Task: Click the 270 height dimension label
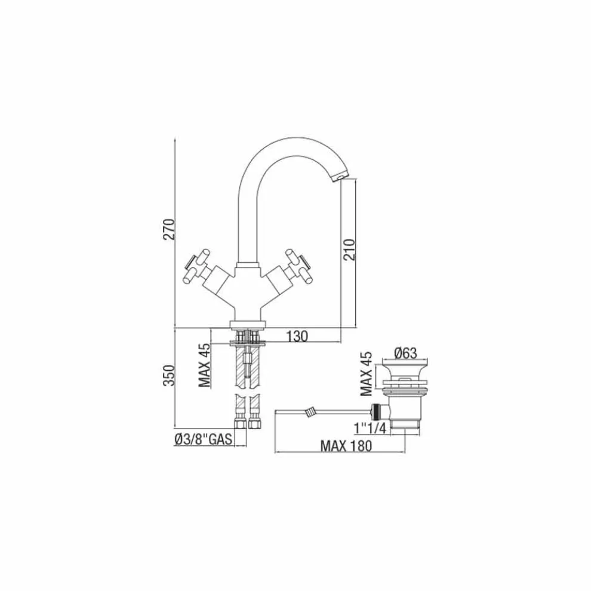pos(169,229)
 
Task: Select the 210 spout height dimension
pos(349,250)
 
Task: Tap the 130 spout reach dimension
pos(297,336)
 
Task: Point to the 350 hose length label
pos(169,375)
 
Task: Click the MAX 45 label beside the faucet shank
pos(205,365)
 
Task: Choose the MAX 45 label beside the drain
pos(366,374)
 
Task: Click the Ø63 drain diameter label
pos(406,353)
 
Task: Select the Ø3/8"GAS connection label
pos(203,439)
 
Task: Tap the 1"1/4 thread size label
pos(371,428)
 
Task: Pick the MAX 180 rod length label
pos(346,446)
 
